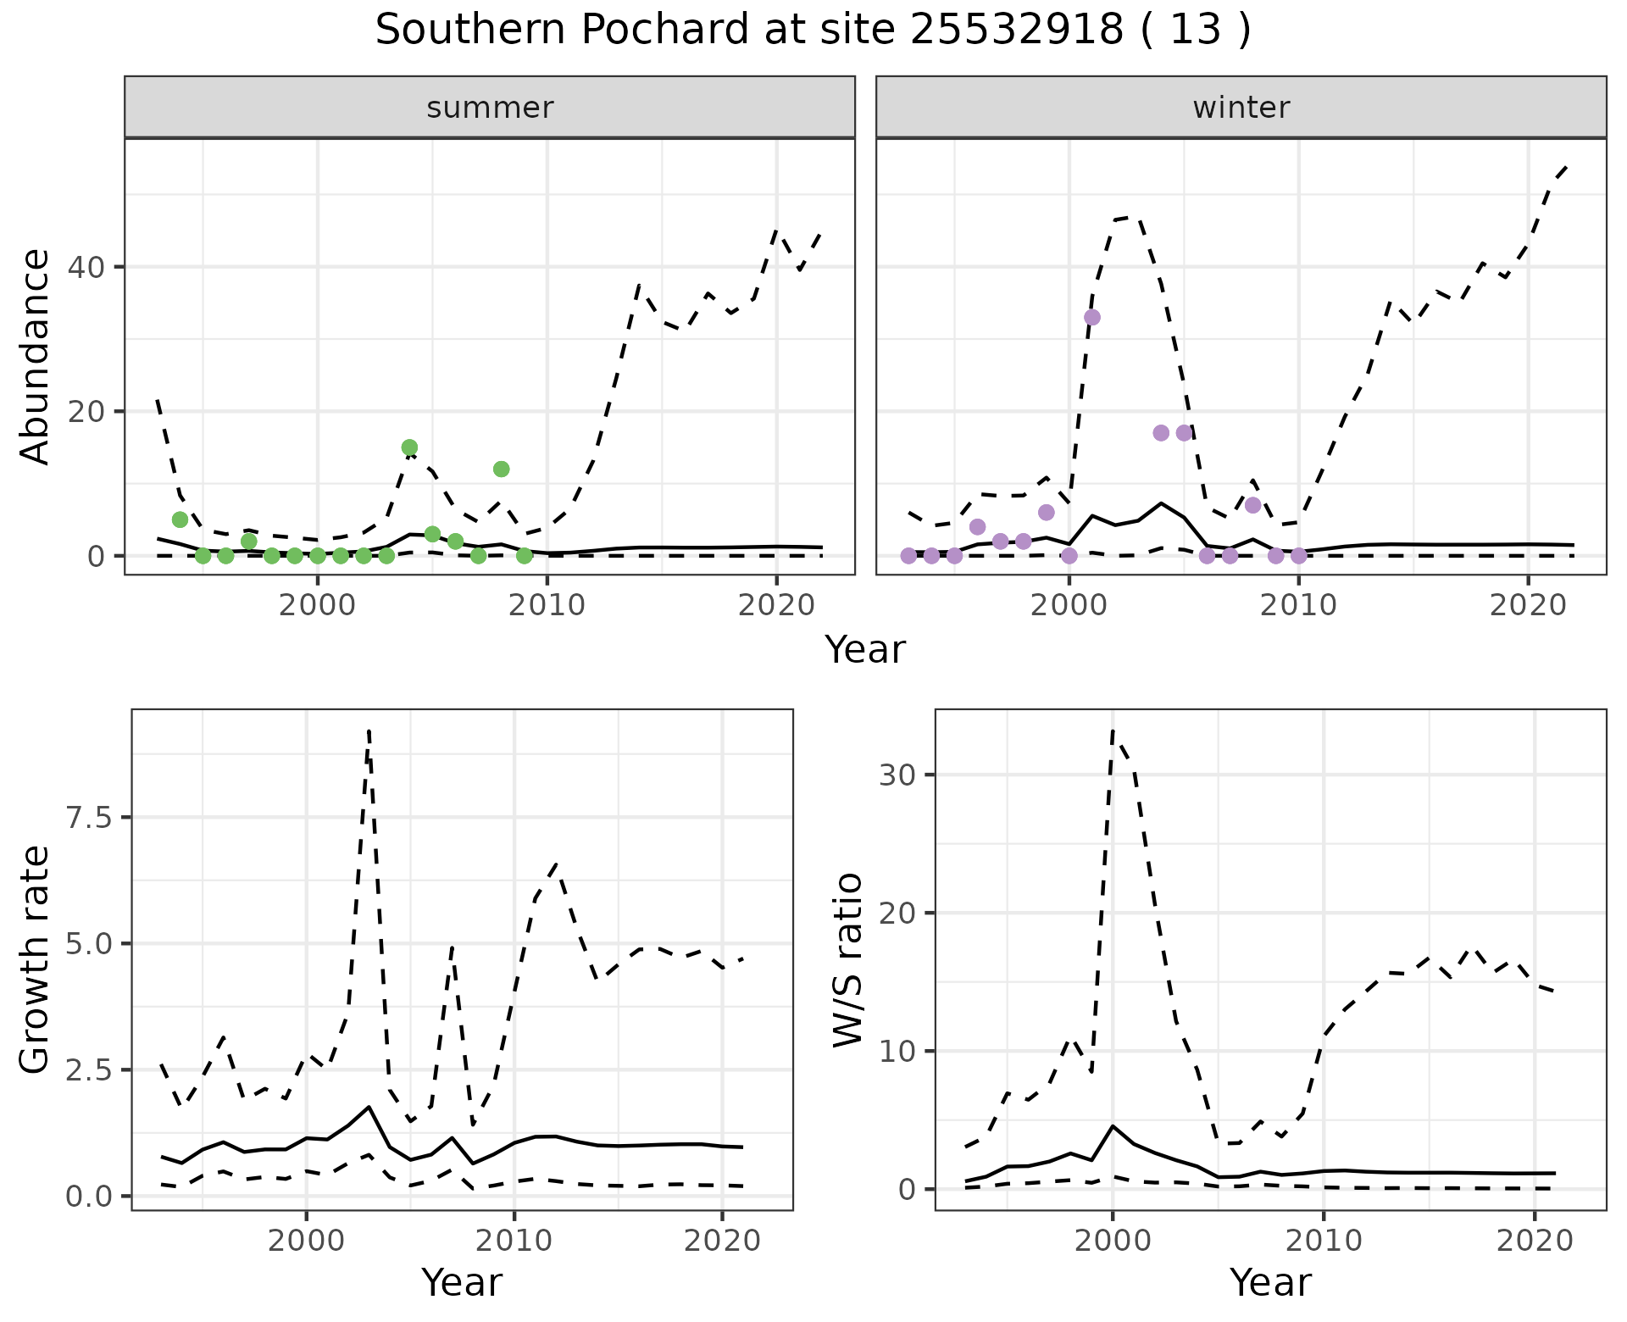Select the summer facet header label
490,108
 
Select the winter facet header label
1241,108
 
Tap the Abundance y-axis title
36,357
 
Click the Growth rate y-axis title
36,961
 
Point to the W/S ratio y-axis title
847,961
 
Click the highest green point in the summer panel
409,447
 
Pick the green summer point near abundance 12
501,469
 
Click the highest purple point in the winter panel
1092,317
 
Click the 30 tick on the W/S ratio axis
900,775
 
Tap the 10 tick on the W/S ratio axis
900,1052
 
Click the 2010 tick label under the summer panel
547,605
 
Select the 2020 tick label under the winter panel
1527,605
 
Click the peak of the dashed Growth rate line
369,730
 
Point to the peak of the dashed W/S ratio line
1112,730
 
